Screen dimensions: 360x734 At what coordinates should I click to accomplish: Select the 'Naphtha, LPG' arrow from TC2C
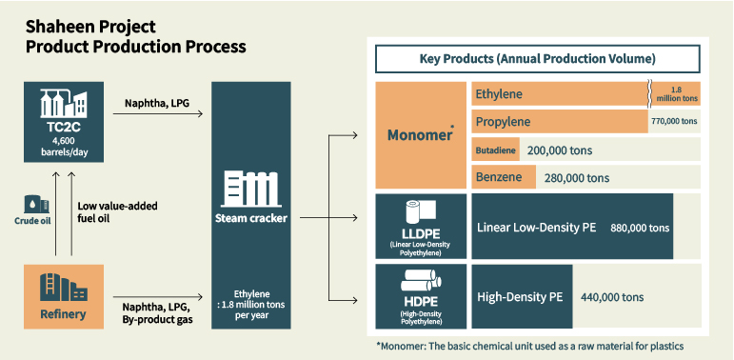tap(157, 115)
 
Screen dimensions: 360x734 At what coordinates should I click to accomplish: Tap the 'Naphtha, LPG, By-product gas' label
tap(157, 313)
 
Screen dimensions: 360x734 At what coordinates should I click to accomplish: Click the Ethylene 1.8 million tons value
tap(678, 94)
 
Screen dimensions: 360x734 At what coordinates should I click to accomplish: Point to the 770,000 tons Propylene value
tap(674, 122)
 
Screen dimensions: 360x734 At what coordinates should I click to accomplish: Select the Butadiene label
tap(495, 150)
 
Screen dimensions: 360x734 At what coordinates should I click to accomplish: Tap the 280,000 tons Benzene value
tap(577, 177)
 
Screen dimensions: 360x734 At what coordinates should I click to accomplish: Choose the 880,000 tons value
tap(640, 229)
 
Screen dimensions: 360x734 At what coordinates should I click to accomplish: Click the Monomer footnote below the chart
tap(529, 344)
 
